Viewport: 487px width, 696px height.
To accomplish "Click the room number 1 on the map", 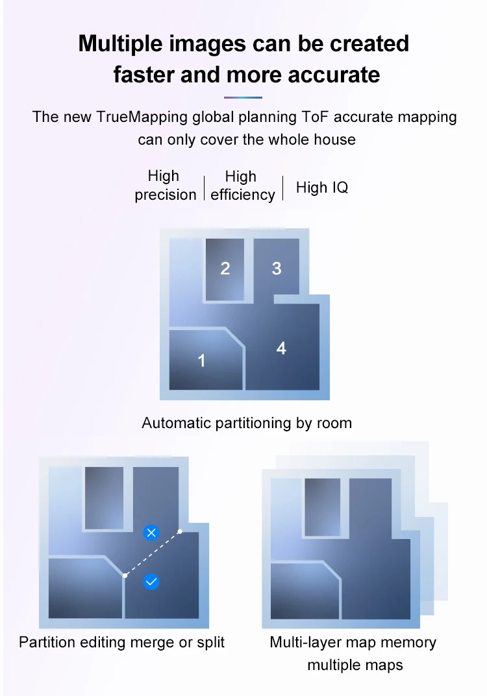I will (x=201, y=360).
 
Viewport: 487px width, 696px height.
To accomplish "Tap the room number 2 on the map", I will (x=225, y=268).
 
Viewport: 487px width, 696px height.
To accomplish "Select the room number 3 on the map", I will (x=277, y=268).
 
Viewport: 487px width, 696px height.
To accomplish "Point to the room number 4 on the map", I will (x=281, y=348).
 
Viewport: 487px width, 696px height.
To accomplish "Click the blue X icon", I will (x=151, y=533).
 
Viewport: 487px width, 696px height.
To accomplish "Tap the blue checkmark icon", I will (x=151, y=582).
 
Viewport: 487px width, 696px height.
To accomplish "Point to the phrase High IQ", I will (x=322, y=187).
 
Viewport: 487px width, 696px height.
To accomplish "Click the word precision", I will (x=165, y=195).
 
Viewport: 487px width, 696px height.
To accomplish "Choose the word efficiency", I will (x=242, y=195).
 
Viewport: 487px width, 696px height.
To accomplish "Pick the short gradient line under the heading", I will (x=243, y=97).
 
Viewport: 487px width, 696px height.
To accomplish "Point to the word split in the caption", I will (x=210, y=642).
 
